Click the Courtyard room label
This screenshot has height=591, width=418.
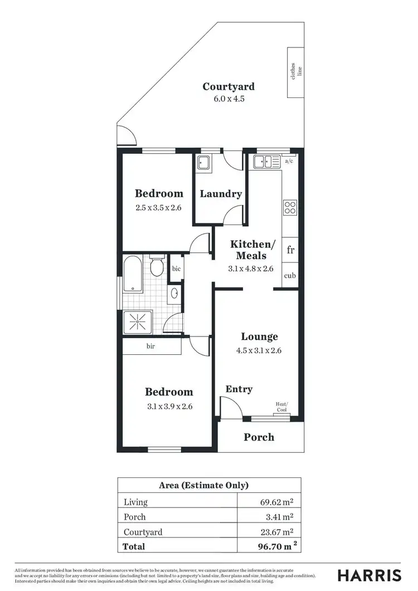pyautogui.click(x=229, y=86)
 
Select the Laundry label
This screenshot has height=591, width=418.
pyautogui.click(x=221, y=194)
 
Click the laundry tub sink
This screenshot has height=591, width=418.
pyautogui.click(x=203, y=163)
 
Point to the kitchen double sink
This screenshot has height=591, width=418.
pyautogui.click(x=266, y=162)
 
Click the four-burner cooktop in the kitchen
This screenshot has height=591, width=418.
pyautogui.click(x=290, y=207)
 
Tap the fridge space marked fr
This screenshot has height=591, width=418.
pyautogui.click(x=290, y=250)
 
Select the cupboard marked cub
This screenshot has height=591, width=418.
pyautogui.click(x=290, y=276)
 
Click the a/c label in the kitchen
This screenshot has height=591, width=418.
pyautogui.click(x=289, y=161)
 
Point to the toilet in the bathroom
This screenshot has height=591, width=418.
pyautogui.click(x=157, y=266)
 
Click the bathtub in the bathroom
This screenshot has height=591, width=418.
pyautogui.click(x=133, y=273)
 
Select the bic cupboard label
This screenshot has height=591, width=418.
pyautogui.click(x=176, y=268)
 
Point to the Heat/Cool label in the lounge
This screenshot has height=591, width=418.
pyautogui.click(x=282, y=407)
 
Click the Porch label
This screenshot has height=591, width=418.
pyautogui.click(x=259, y=437)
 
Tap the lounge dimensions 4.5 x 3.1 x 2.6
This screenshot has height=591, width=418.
pyautogui.click(x=259, y=351)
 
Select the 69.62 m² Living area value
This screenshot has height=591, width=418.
pyautogui.click(x=277, y=502)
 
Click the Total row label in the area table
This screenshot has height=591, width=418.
pyautogui.click(x=134, y=546)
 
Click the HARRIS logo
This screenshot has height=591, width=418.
pyautogui.click(x=369, y=575)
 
